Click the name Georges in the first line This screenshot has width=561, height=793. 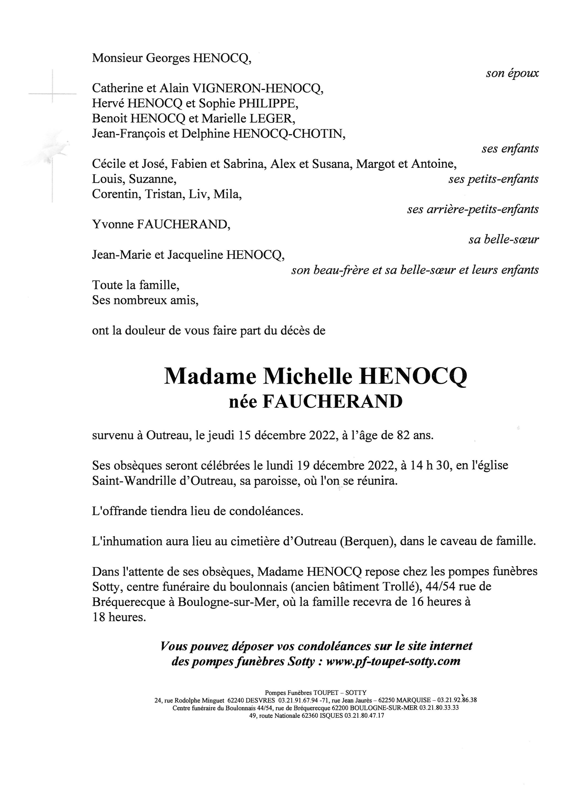click(167, 58)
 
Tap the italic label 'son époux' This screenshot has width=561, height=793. click(512, 73)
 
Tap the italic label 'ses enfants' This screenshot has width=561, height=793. click(510, 149)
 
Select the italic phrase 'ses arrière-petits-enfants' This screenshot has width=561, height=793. click(473, 209)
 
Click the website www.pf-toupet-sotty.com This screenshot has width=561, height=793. click(393, 661)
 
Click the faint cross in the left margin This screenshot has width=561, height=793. click(52, 93)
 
